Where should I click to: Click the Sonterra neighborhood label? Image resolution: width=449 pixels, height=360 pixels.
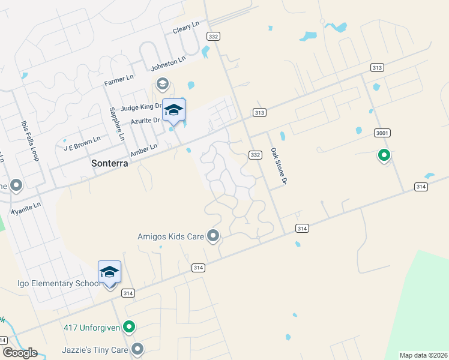click(x=110, y=163)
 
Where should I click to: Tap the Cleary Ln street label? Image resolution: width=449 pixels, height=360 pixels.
click(x=185, y=28)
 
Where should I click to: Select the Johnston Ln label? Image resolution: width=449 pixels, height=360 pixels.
click(x=168, y=62)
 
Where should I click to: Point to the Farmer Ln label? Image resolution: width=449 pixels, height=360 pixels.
click(x=119, y=80)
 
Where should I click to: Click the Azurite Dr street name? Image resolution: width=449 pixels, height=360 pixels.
click(x=145, y=121)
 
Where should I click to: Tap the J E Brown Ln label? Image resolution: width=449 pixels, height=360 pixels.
click(x=77, y=145)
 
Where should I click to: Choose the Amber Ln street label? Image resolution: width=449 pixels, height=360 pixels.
click(x=144, y=150)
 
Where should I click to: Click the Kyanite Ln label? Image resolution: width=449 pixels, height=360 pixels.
click(x=26, y=208)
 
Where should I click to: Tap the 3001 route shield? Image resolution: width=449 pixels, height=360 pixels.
click(x=382, y=133)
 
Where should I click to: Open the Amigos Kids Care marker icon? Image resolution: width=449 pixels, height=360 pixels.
click(x=212, y=236)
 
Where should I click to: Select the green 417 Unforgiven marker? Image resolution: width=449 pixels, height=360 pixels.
click(x=128, y=328)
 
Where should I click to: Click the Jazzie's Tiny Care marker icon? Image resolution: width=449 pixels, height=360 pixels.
click(x=138, y=349)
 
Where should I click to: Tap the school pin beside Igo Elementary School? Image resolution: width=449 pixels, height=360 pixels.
click(x=109, y=272)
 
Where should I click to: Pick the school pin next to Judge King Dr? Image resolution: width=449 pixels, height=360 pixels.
click(x=173, y=110)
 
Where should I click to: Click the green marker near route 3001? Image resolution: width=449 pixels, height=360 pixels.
click(x=384, y=155)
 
